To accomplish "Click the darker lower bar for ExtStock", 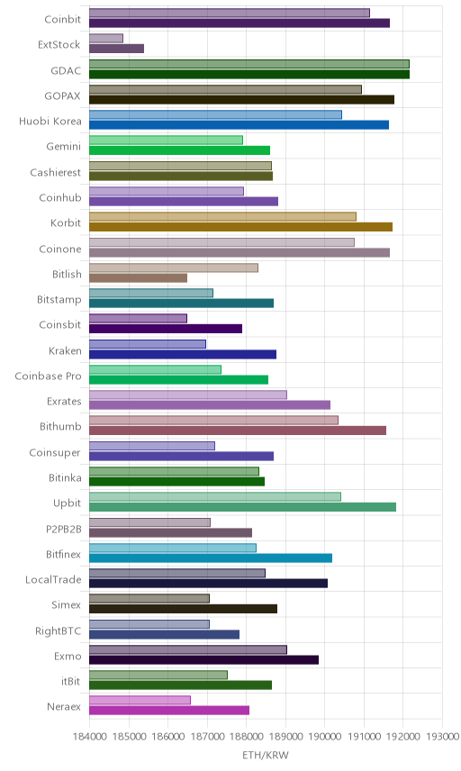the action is point(116,49).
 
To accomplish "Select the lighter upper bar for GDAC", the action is point(249,64).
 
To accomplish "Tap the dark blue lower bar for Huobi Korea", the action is point(239,125).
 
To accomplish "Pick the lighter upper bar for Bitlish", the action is point(174,268).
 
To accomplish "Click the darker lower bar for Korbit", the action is point(240,227).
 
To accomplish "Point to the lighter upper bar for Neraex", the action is point(140,700).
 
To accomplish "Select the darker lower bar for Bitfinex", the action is point(211,558).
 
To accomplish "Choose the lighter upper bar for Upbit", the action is point(215,496).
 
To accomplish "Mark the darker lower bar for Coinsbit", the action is point(166,329).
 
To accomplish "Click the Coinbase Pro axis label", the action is point(48,376).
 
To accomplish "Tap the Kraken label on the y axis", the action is point(65,350).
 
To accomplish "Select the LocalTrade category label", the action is point(53,580).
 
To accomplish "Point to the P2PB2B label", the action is point(63,529).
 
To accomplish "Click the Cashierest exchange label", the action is point(55,173).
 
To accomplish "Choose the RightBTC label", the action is point(58,630).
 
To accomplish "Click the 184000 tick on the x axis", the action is point(89,736).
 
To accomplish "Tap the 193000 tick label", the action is point(442,736).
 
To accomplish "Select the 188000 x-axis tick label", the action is point(246,736).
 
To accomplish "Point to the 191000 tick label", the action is point(364,736).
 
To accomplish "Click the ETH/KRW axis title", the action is point(266,755).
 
